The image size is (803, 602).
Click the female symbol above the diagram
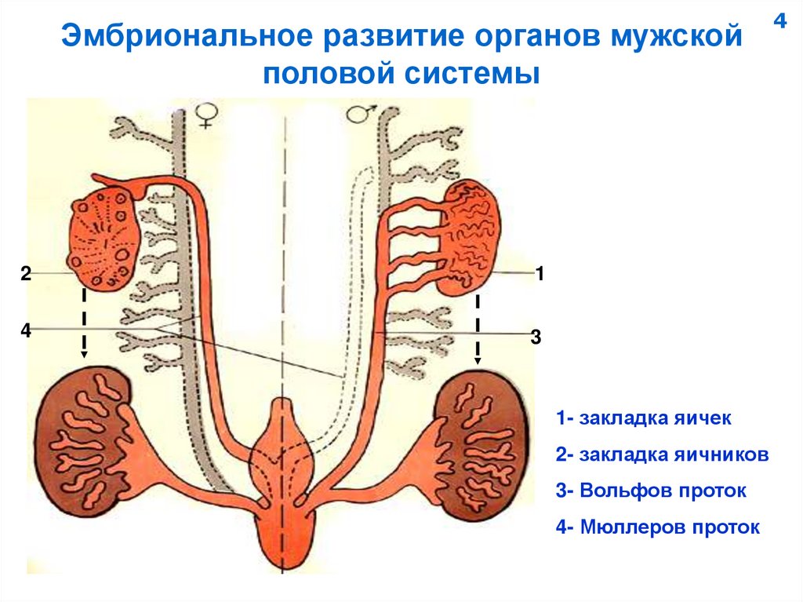[207, 115]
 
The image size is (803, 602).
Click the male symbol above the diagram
[358, 115]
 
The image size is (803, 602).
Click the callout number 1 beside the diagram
[540, 273]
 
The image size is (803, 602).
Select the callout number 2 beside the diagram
[26, 273]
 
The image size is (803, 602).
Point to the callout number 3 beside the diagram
[536, 337]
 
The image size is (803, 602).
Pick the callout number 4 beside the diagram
[26, 330]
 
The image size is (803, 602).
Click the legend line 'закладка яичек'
[644, 418]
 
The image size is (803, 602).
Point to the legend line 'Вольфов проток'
[651, 491]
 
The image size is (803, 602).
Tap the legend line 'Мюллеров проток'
[658, 527]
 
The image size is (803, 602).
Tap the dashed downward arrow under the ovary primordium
[84, 325]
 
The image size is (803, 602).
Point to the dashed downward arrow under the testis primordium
[478, 330]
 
